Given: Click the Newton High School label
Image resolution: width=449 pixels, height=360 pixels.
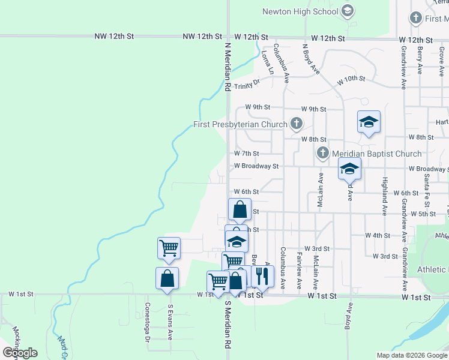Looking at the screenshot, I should click(300, 11).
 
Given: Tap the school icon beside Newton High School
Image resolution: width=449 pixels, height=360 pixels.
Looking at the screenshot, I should click(347, 11).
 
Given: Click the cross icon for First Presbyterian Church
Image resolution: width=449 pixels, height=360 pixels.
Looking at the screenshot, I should click(295, 124).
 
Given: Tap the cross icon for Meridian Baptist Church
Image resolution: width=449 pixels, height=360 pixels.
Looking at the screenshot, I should click(322, 153).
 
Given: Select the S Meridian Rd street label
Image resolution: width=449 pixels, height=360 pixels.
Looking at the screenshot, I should click(228, 324).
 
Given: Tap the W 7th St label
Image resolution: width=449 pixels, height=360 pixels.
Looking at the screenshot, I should click(246, 154).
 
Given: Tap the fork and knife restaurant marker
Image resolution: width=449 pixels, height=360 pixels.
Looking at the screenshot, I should click(262, 275).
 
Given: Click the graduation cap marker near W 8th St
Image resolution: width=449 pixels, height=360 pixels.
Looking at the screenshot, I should click(369, 122).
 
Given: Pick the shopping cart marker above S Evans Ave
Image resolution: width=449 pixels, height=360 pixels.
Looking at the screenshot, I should click(169, 247).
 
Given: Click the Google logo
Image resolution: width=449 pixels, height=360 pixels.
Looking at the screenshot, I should click(20, 353).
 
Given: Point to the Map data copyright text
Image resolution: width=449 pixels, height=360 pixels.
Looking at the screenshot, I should click(412, 355).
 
